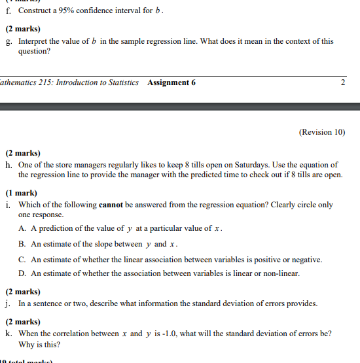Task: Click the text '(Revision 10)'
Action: (x=322, y=131)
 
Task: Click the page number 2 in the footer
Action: (x=344, y=82)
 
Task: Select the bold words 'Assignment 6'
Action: (x=171, y=82)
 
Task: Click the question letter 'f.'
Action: (x=8, y=12)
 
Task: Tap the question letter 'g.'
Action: (x=9, y=41)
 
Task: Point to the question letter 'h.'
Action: (x=9, y=165)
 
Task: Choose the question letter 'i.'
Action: (x=8, y=205)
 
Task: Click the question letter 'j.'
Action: (x=8, y=304)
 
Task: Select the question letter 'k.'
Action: (x=9, y=334)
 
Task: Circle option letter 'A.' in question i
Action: (x=23, y=228)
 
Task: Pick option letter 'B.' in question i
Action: (x=23, y=244)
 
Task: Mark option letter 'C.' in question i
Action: (x=23, y=260)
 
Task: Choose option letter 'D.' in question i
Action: (x=23, y=274)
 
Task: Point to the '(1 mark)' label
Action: (x=22, y=194)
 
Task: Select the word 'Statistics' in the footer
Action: (x=122, y=82)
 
